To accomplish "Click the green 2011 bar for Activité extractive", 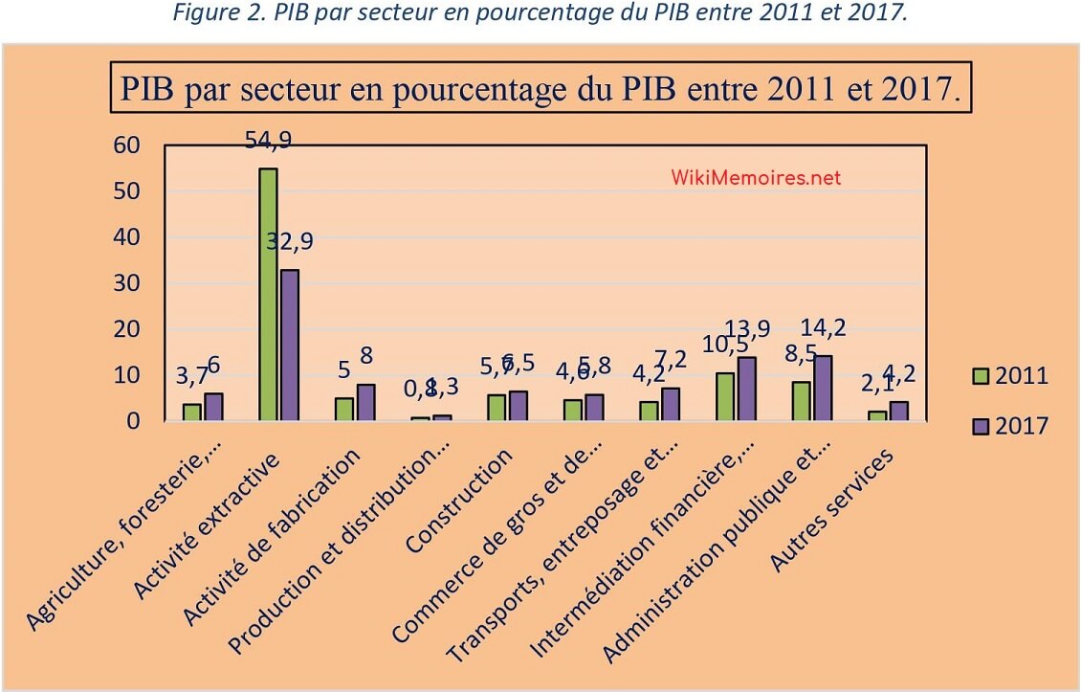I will point(268,295).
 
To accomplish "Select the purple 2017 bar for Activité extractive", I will point(288,345).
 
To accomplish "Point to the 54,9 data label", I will point(269,140).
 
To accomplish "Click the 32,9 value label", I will point(289,242).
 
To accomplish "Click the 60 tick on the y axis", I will point(126,145).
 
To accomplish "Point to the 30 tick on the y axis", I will point(126,283).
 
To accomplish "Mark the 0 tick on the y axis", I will point(133,421).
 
